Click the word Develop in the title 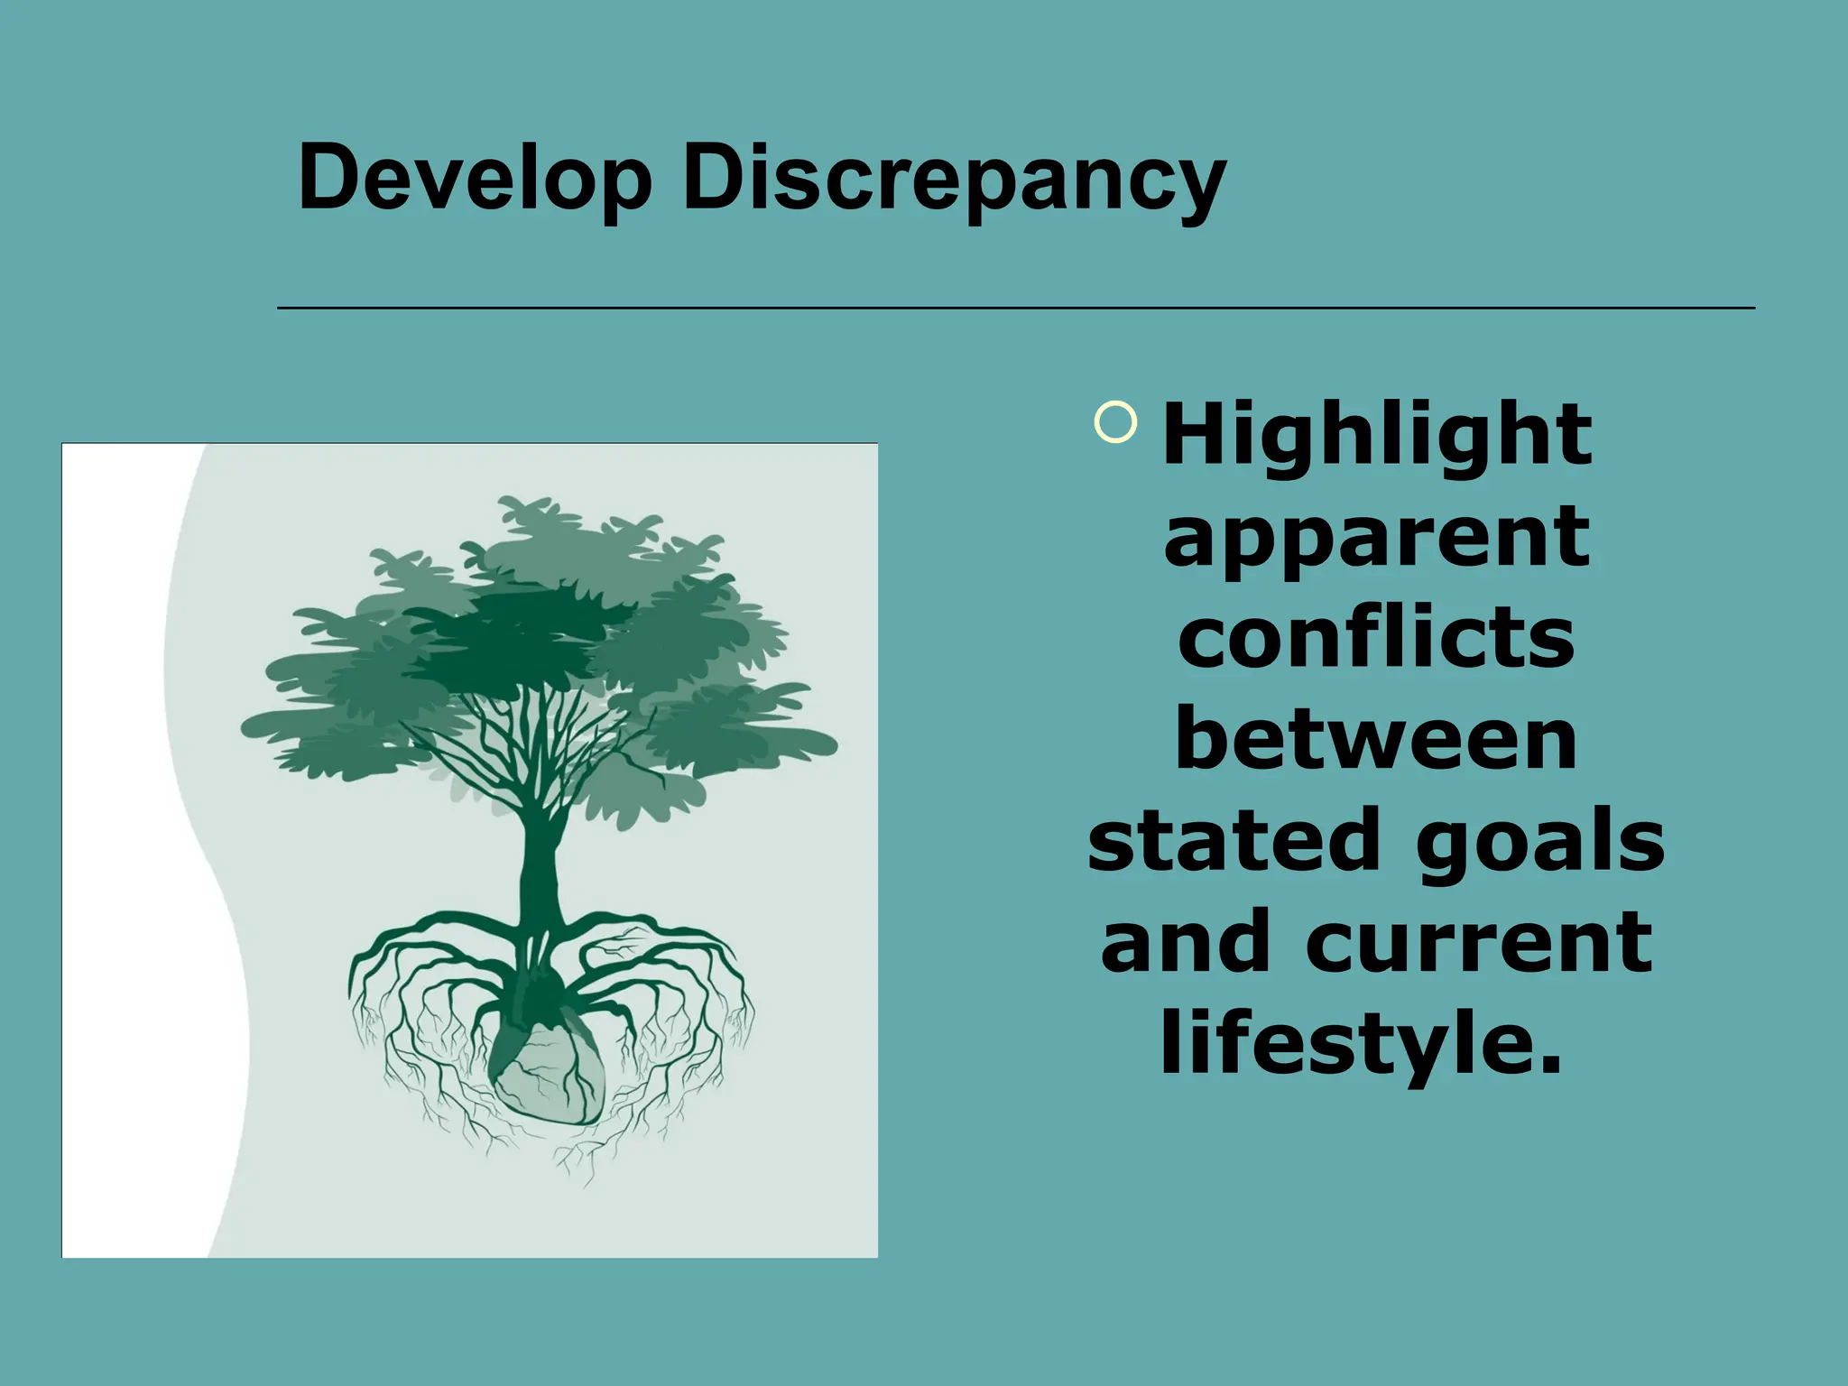[x=475, y=178]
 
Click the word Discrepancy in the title [x=954, y=180]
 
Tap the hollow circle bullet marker [x=1115, y=421]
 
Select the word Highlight [x=1377, y=436]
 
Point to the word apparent [x=1377, y=539]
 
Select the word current [x=1479, y=943]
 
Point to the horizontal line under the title [x=1016, y=309]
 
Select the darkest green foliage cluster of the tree [x=514, y=641]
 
